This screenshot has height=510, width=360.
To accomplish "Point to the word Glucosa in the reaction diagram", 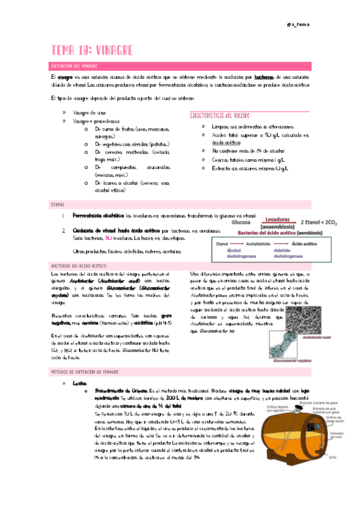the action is tap(242, 222).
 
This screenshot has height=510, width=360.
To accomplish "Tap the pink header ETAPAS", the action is tap(57, 205).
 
